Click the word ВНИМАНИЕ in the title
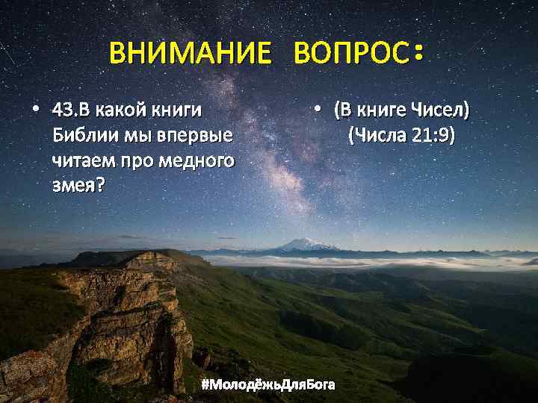pos(190,54)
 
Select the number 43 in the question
pos(63,111)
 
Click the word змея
pos(75,184)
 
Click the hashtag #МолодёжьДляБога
pos(269,385)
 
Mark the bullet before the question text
pos(36,110)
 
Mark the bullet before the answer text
pos(318,110)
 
